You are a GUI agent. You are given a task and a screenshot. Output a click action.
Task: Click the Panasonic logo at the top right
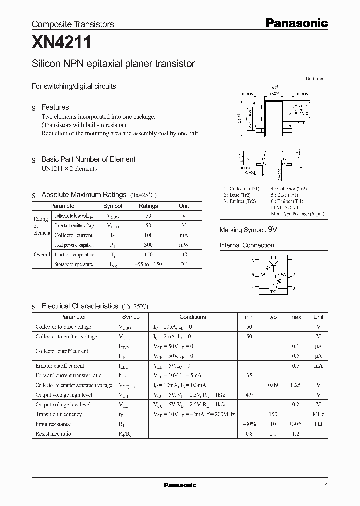(x=296, y=23)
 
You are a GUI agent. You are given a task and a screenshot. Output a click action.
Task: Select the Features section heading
(x=55, y=107)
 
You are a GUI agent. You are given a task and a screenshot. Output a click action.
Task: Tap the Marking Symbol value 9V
(x=272, y=230)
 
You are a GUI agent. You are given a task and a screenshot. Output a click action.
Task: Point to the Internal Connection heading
(x=247, y=245)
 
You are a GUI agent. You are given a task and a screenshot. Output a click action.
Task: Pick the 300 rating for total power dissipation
(x=148, y=245)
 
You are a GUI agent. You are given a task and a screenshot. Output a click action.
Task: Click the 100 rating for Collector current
(x=148, y=235)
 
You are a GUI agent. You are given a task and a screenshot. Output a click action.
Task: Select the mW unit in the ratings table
(x=184, y=245)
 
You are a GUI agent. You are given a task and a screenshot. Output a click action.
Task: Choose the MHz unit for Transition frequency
(x=318, y=414)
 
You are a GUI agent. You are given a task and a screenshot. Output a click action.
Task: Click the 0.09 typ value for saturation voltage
(x=273, y=385)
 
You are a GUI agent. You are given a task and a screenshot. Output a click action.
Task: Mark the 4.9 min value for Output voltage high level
(x=249, y=395)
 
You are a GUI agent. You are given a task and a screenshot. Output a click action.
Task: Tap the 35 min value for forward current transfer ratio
(x=249, y=375)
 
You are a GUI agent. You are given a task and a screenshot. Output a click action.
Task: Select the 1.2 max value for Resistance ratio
(x=296, y=434)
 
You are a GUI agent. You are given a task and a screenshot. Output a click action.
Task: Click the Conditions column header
(x=192, y=317)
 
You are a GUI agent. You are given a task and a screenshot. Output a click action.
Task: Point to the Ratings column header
(x=148, y=206)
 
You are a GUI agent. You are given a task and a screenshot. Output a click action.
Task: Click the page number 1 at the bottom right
(x=326, y=485)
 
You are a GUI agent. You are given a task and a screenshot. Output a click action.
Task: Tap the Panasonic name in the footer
(x=180, y=485)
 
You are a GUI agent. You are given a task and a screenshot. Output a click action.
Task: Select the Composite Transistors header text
(x=73, y=24)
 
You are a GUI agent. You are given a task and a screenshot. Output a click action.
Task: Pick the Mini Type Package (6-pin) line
(x=297, y=213)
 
